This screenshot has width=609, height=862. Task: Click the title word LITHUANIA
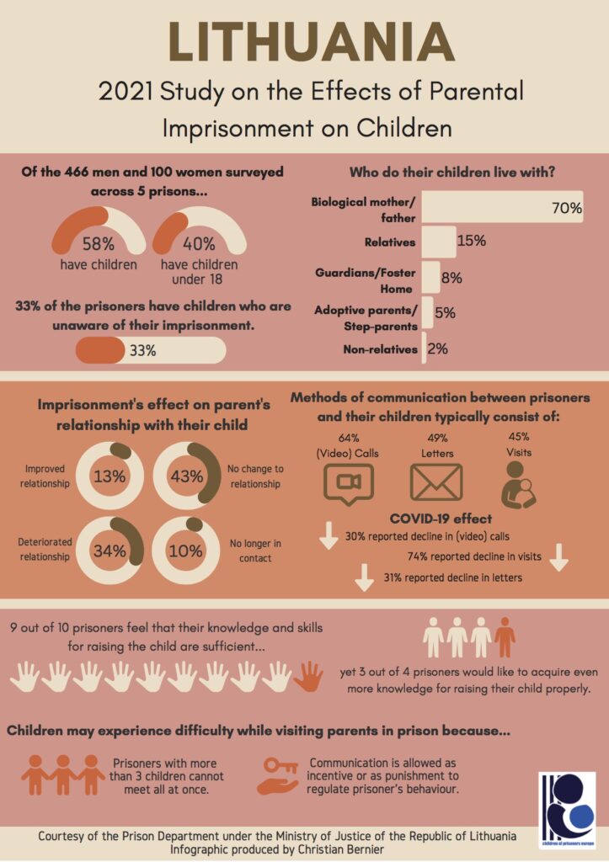pos(312,42)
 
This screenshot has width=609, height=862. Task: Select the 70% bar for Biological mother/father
pos(502,207)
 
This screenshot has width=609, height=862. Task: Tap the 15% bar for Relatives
pos(439,242)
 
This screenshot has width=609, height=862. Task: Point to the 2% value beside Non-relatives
pos(437,349)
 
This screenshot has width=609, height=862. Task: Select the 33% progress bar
pos(150,350)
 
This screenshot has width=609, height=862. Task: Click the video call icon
pos(349,484)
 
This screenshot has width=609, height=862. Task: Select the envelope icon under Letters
pos(436,482)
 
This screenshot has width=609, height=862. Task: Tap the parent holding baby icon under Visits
pos(518,484)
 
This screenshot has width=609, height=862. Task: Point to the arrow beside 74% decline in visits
pos(559,557)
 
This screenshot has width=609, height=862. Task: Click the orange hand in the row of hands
pos(308,676)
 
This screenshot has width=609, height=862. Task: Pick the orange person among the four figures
pos(504,636)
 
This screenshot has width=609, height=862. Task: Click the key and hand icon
pos(279,776)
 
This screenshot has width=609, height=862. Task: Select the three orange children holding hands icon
pos(62,775)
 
